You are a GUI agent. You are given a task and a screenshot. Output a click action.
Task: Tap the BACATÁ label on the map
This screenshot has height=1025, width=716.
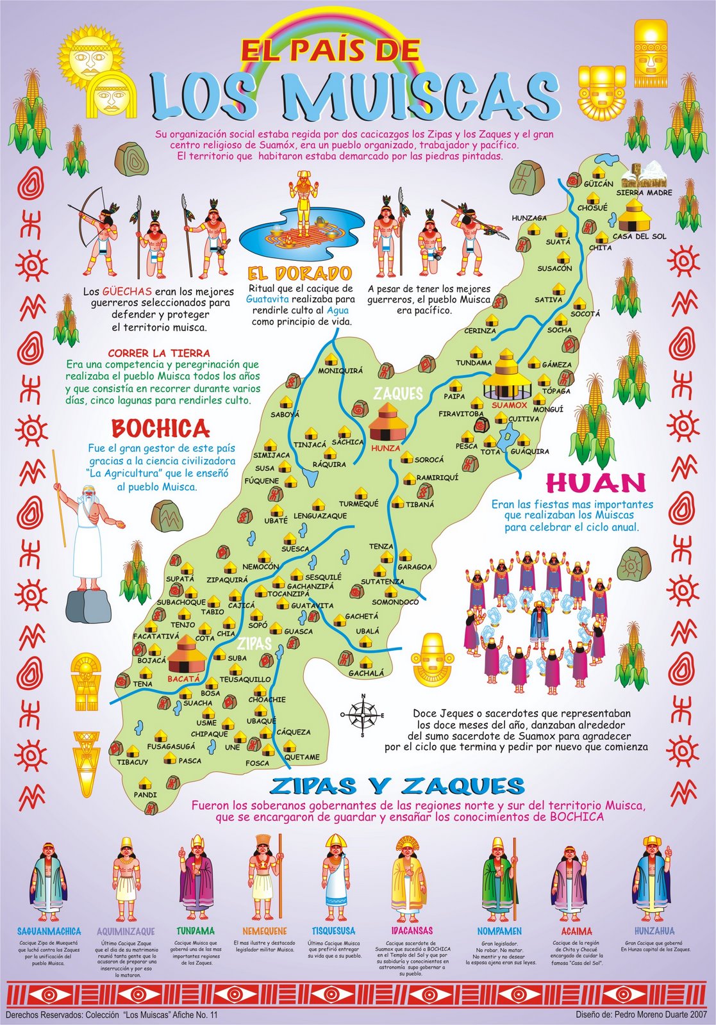pos(184,678)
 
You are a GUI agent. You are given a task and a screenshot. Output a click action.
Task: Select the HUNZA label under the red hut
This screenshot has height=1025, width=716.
pos(385,448)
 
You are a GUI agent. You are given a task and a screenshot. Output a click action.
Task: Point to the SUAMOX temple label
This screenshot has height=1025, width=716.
pos(509,405)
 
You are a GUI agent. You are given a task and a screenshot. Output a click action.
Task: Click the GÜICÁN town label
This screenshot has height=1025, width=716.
pos(598,184)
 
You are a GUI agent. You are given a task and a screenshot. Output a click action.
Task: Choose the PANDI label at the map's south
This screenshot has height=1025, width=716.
pos(145,794)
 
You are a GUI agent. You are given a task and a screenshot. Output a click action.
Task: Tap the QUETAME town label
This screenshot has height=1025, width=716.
pos(301,757)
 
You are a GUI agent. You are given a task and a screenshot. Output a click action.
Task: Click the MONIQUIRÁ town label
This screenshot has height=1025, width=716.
pos(340,371)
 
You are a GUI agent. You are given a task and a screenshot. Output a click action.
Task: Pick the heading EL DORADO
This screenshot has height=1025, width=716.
pos(300,274)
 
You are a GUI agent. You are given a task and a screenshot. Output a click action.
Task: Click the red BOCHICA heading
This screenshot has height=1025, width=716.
pos(160,428)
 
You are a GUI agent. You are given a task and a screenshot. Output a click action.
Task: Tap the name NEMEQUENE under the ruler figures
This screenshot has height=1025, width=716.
pos(264,931)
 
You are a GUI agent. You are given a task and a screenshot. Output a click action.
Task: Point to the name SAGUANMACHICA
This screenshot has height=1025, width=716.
pos(49,931)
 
